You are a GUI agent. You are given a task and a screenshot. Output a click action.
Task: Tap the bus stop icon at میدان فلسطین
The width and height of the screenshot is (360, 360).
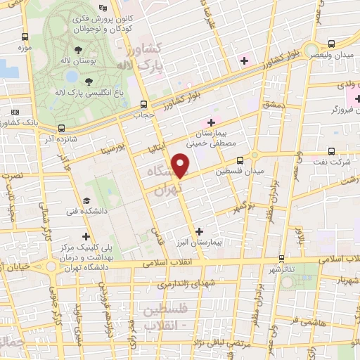coord(240,160)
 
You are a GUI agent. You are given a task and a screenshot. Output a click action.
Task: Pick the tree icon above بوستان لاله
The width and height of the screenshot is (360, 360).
coord(78,51)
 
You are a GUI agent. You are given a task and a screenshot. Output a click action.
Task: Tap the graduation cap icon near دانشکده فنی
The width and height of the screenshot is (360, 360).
coord(85,200)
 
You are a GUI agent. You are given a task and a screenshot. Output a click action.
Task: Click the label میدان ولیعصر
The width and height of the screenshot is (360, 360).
coord(337,55)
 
